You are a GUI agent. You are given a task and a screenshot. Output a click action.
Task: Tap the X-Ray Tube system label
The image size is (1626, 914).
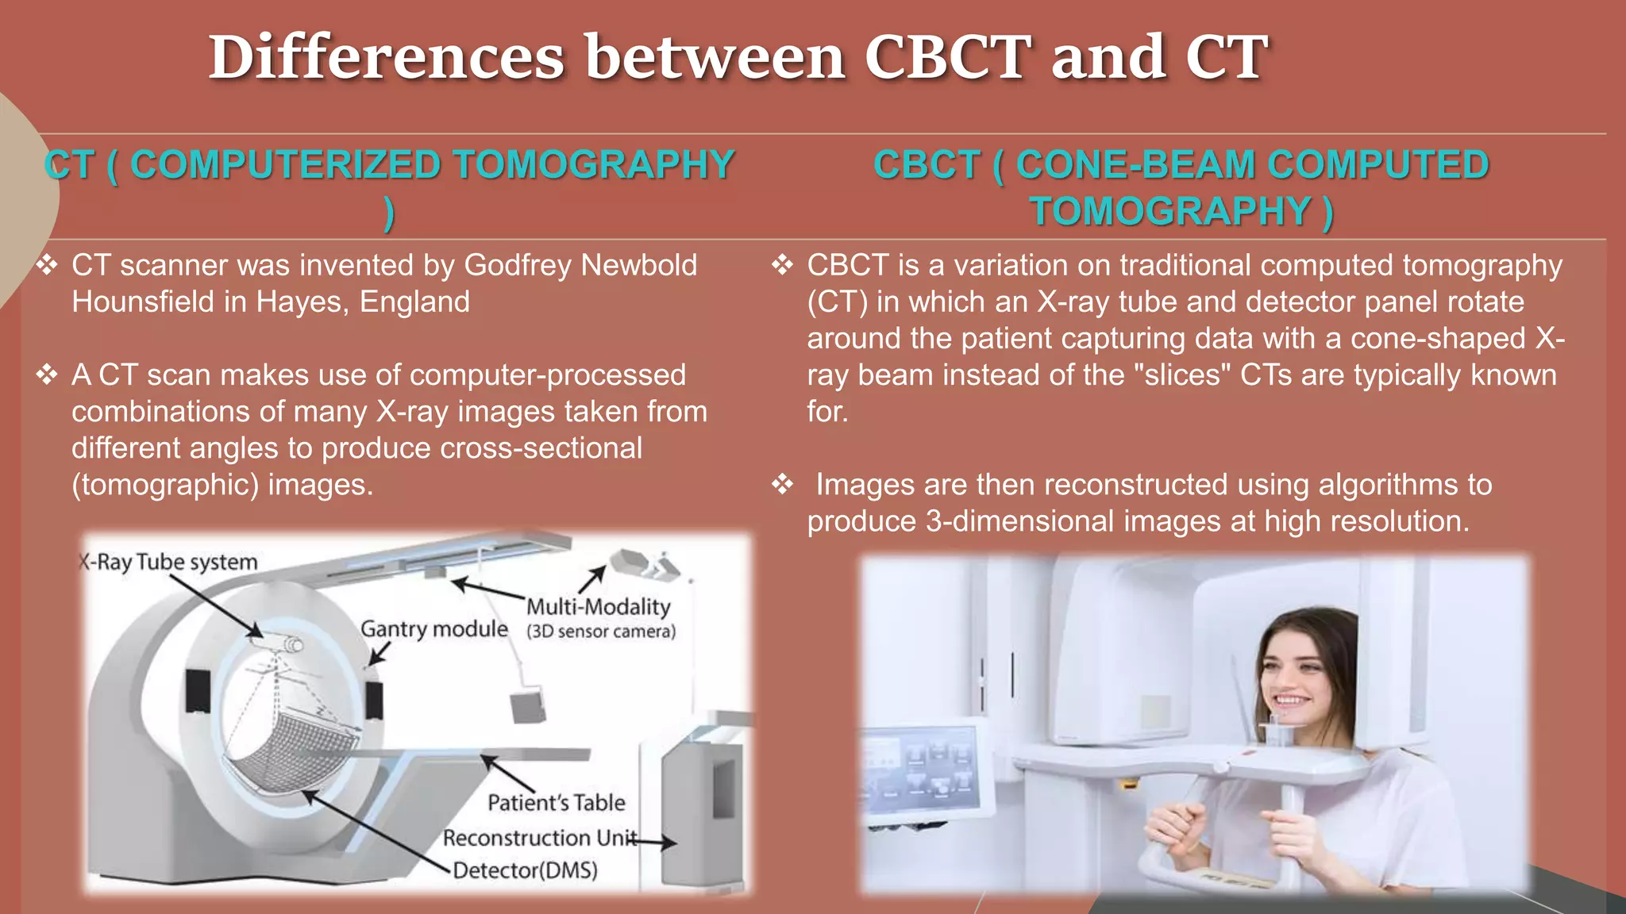point(168,562)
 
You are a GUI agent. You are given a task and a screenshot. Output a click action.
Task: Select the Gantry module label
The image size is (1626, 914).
point(433,628)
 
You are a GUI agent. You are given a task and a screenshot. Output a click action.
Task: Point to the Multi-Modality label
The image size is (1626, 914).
point(599,607)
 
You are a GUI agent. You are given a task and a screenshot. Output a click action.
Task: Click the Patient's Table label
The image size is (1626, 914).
point(556,802)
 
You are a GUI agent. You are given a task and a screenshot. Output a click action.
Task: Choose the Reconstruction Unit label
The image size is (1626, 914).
point(539,838)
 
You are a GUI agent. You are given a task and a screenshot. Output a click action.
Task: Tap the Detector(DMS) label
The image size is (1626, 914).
point(525,870)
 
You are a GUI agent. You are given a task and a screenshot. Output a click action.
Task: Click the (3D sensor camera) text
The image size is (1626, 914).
point(601,632)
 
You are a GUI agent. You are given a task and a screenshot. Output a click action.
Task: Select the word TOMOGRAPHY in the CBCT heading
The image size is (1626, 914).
point(1169,212)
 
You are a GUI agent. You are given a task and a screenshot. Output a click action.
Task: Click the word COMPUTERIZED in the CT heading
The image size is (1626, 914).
point(285,165)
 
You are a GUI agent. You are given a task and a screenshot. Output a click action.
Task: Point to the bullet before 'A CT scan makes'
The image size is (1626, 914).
point(47,374)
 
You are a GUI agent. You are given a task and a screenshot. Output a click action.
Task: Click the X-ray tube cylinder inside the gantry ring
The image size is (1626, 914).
point(283,643)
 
